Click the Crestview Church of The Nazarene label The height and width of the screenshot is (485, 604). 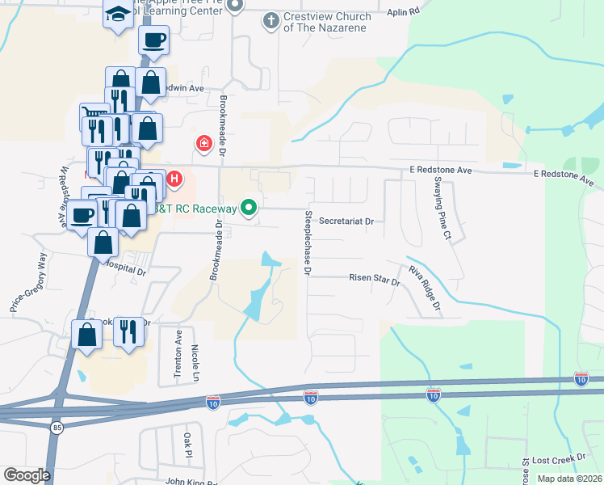(327, 22)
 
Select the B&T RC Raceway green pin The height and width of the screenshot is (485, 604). (250, 209)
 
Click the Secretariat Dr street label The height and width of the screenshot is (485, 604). (346, 221)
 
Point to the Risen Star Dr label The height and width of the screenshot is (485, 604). (374, 280)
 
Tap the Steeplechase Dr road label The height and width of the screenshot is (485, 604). (308, 243)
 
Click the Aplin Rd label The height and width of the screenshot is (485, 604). (404, 12)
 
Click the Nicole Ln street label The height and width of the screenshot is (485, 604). (195, 363)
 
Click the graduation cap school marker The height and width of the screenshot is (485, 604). (119, 15)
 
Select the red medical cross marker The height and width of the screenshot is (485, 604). (203, 144)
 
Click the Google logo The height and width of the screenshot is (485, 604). (27, 475)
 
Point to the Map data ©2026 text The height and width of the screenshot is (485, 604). (568, 479)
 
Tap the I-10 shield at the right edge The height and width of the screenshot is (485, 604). (581, 377)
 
